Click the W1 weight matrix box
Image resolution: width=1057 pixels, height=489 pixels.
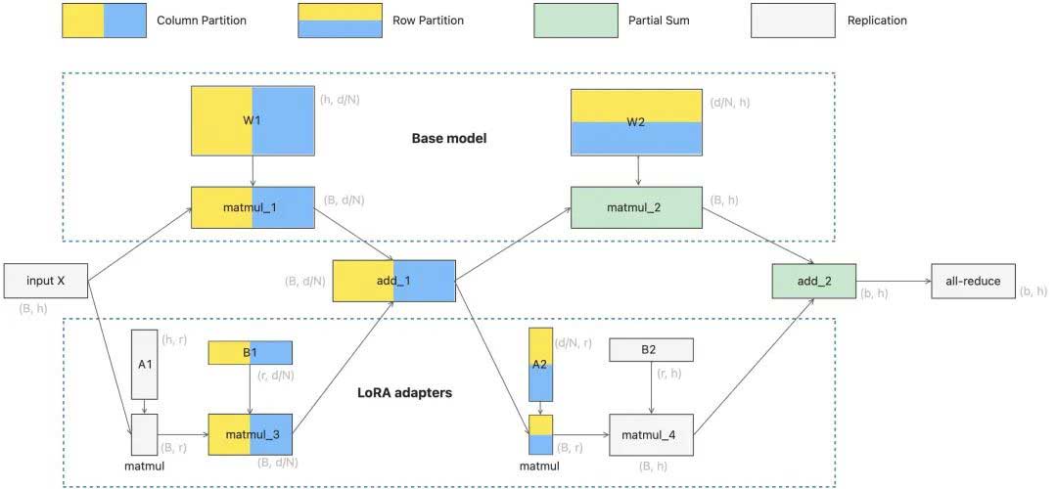253,121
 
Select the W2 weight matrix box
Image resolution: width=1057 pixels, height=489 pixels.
637,122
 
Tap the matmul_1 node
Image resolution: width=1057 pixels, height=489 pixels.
253,207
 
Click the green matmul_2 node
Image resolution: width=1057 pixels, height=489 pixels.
637,207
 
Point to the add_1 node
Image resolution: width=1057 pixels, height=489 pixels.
393,281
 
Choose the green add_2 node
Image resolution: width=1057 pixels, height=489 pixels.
813,281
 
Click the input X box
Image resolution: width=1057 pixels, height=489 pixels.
46,281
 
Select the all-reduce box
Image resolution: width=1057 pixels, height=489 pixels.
973,281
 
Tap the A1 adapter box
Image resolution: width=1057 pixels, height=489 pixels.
144,364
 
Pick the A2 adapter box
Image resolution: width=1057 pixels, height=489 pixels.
541,364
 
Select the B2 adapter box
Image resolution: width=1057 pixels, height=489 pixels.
651,350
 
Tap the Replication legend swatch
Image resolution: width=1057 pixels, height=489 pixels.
793,21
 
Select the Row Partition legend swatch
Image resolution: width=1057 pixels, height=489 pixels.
339,21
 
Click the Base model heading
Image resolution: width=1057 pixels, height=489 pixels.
449,139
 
